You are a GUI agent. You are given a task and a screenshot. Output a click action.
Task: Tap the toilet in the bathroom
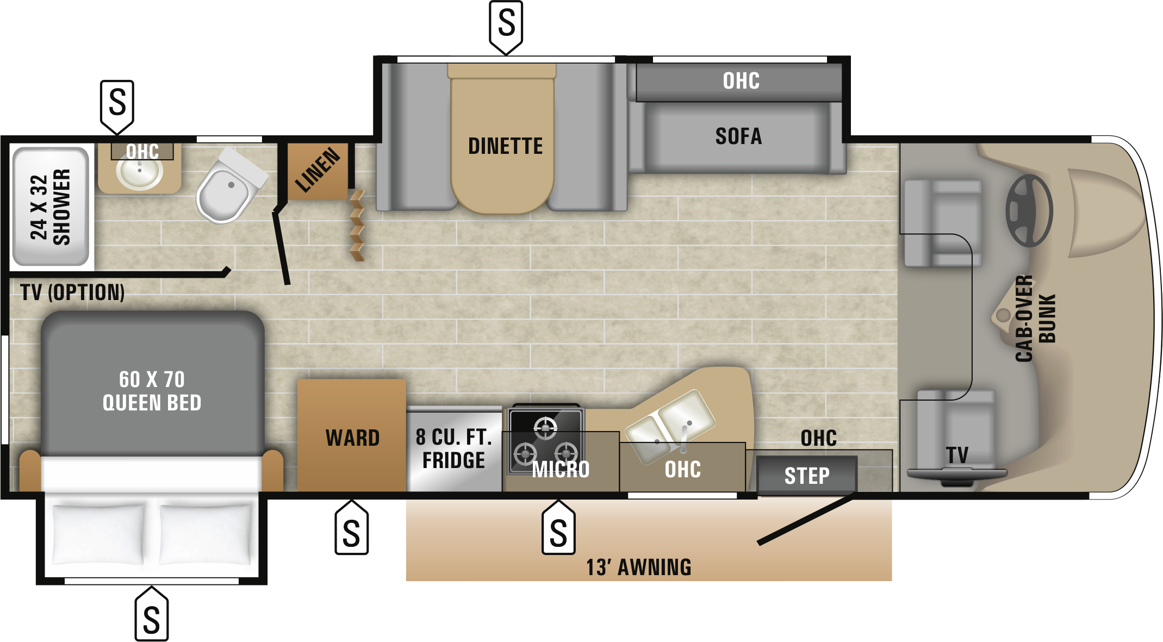(231, 186)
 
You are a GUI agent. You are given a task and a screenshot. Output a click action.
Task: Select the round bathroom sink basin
(139, 172)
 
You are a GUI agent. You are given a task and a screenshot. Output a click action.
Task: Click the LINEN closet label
(318, 170)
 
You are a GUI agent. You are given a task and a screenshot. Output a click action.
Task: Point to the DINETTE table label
(505, 146)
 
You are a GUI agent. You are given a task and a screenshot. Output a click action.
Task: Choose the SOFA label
(738, 136)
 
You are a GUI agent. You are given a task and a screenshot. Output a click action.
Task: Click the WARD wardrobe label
(352, 438)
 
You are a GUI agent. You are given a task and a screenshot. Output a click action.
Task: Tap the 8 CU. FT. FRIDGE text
(454, 448)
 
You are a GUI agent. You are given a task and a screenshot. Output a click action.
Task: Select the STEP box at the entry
(807, 476)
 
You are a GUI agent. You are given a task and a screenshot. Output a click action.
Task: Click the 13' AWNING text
(638, 568)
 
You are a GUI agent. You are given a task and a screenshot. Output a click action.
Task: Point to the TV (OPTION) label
(72, 292)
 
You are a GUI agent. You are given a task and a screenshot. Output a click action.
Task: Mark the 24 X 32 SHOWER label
(50, 207)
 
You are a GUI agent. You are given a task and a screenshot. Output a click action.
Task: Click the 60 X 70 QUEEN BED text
(152, 391)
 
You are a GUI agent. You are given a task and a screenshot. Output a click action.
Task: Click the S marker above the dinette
(506, 26)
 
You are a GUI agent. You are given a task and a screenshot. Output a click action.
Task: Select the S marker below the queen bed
(152, 614)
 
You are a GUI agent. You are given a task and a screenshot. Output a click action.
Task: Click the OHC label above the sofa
(741, 81)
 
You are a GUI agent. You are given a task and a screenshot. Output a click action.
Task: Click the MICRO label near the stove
(561, 469)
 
